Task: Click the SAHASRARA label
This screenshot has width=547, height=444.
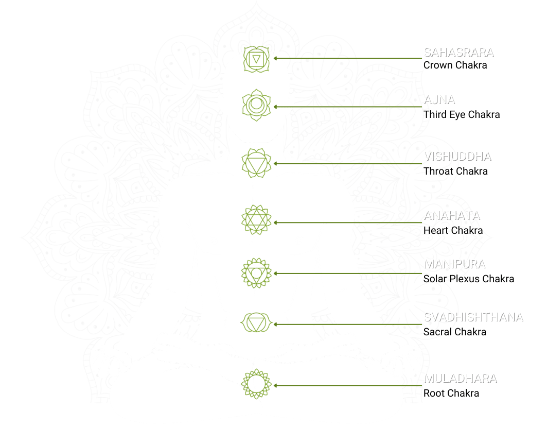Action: tap(458, 52)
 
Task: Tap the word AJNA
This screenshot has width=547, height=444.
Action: tap(439, 100)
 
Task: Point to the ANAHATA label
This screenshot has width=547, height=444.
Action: tap(452, 215)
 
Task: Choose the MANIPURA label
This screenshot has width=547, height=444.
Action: tap(454, 264)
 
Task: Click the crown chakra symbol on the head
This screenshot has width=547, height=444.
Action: tap(256, 60)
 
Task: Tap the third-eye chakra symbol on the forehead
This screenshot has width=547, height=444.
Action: tap(256, 105)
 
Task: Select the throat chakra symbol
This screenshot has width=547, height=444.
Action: tap(256, 163)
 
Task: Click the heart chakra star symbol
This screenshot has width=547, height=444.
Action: tap(256, 220)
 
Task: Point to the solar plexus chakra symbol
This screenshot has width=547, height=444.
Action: tap(256, 272)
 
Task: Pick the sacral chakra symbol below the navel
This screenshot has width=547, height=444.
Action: tap(256, 323)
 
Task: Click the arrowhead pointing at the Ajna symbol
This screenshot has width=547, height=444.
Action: tap(276, 107)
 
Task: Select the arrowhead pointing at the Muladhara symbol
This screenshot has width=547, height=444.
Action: tap(276, 385)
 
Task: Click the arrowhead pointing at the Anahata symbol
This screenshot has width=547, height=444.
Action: tap(276, 223)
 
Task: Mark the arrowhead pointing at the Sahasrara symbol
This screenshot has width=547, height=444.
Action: tap(276, 58)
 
